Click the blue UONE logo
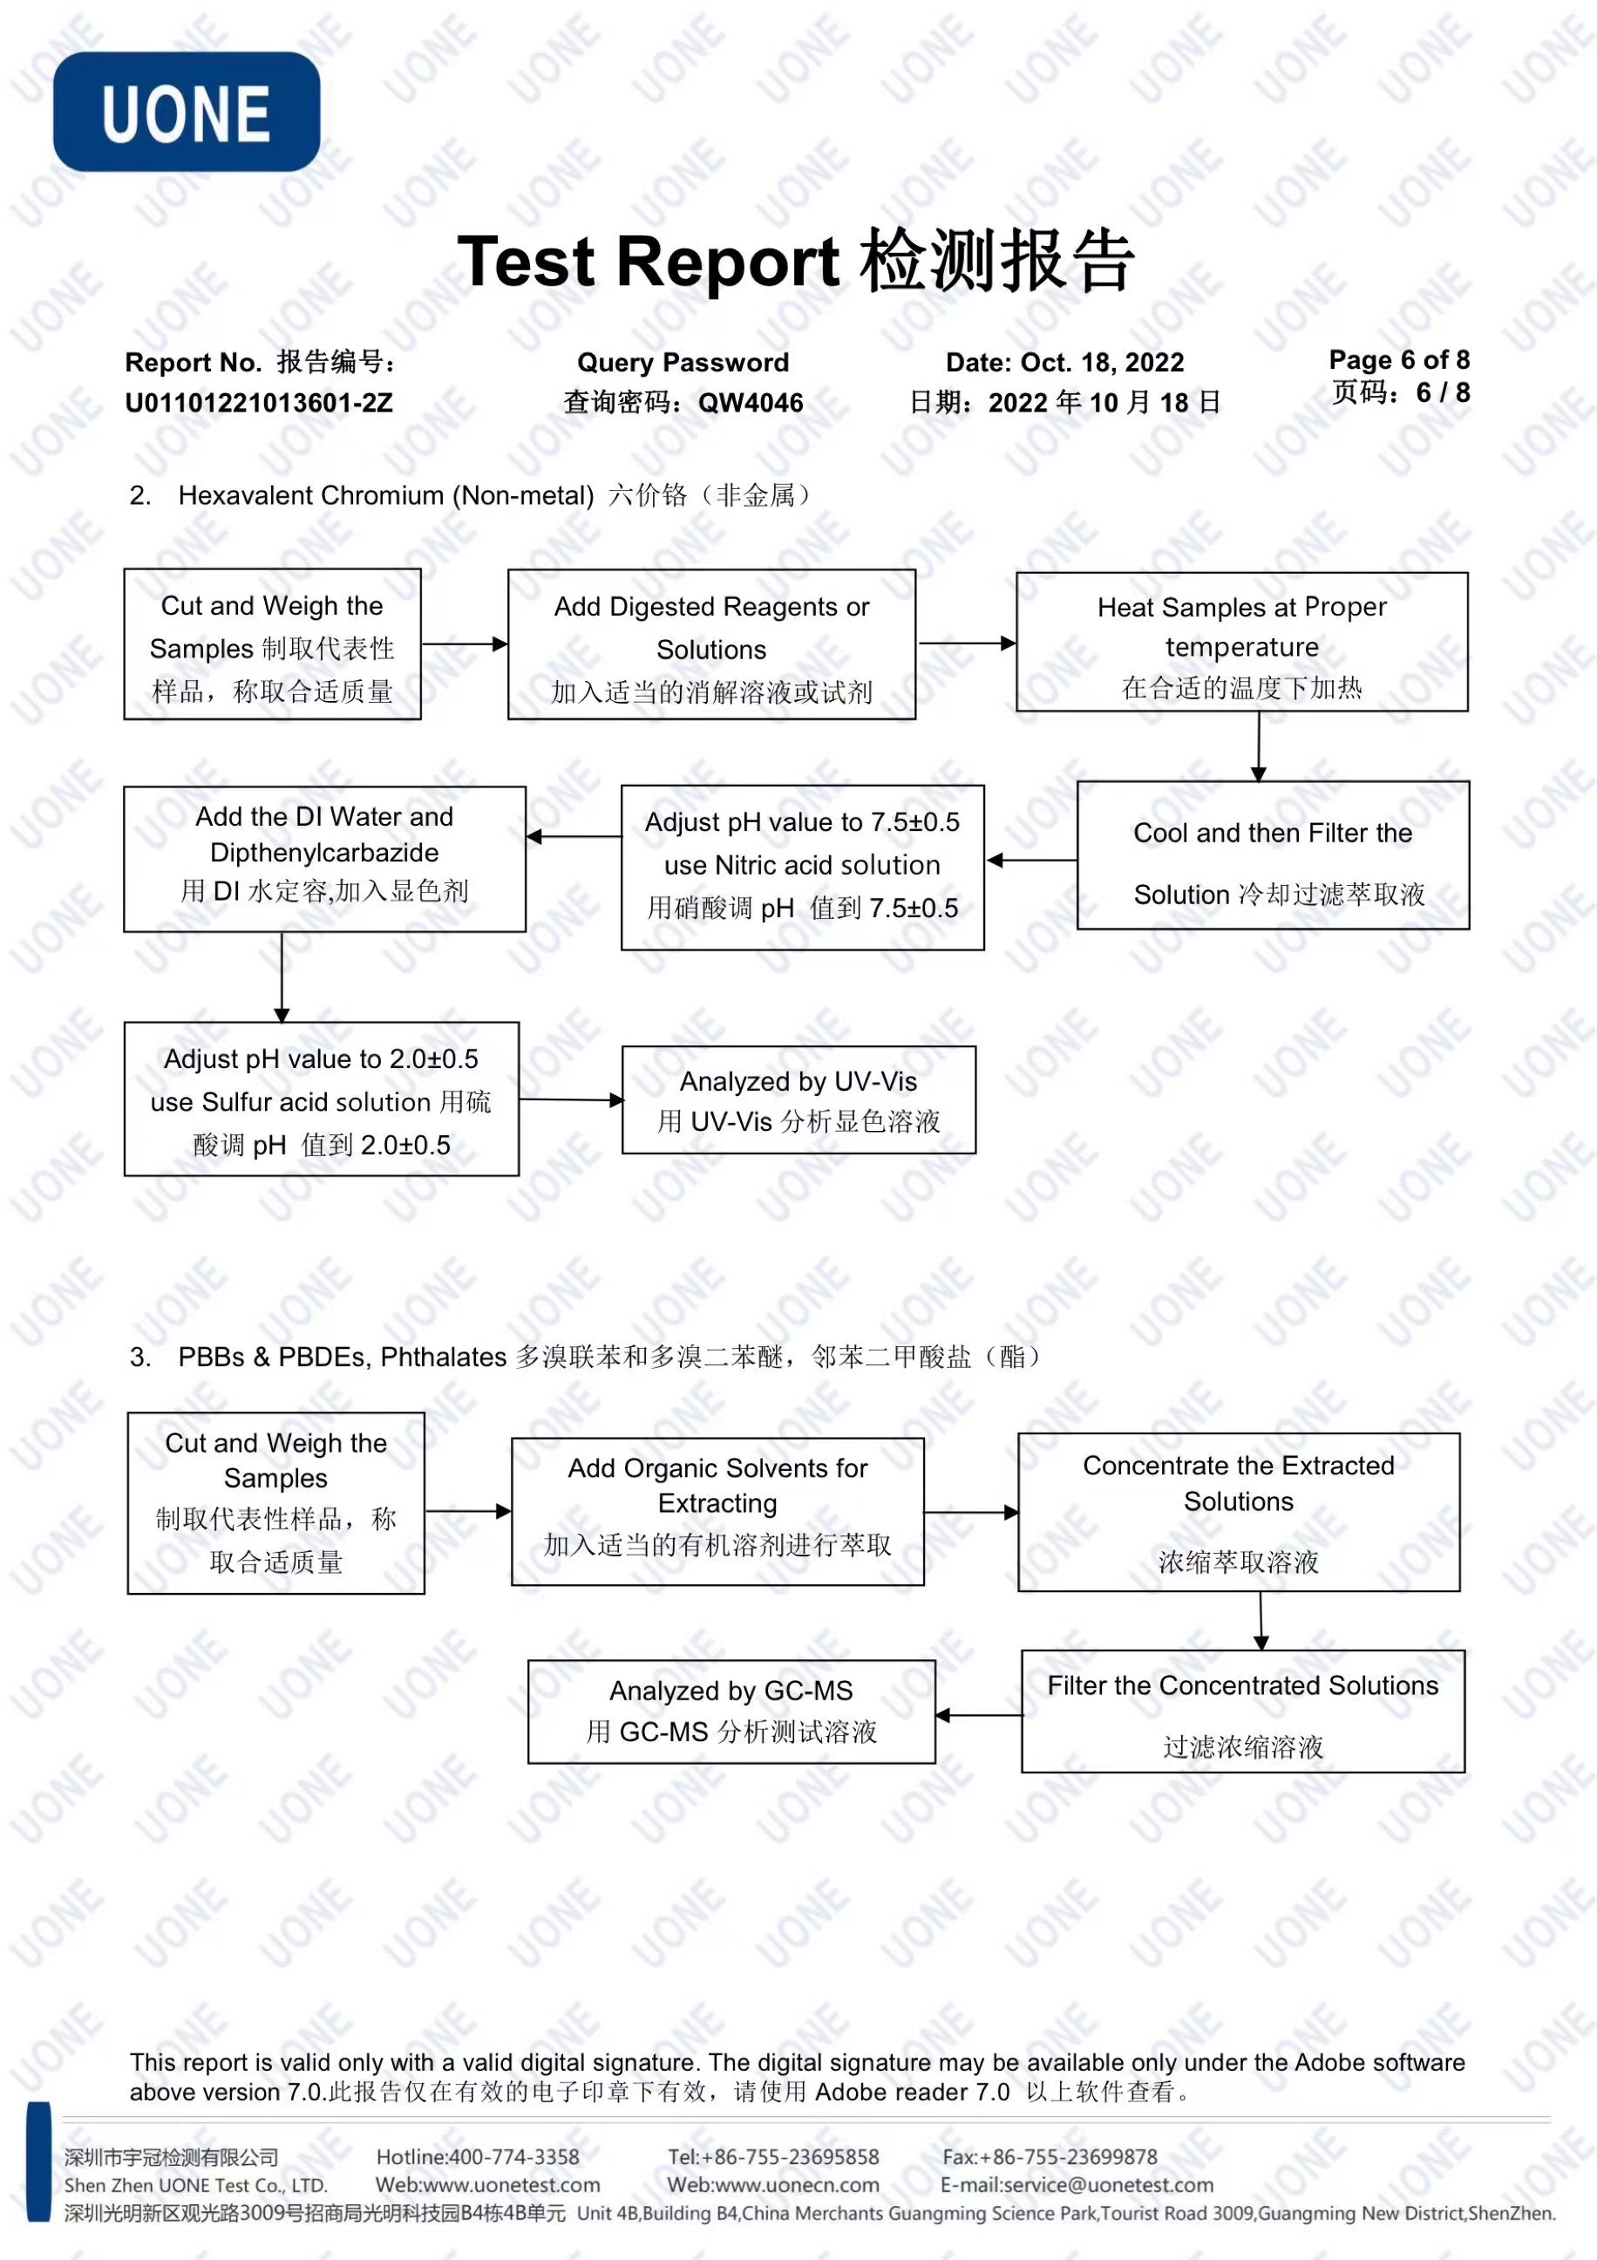click(186, 112)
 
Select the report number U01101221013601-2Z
click(259, 403)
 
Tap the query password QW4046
click(751, 403)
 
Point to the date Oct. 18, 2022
click(1102, 362)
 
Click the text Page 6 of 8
click(1399, 359)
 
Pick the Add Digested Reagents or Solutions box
click(711, 644)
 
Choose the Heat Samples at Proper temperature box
click(1242, 642)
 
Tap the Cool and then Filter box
click(1274, 855)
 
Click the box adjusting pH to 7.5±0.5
click(803, 868)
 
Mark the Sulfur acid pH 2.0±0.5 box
click(322, 1099)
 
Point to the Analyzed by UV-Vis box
click(799, 1099)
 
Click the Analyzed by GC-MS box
click(731, 1712)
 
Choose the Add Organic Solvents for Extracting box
click(717, 1511)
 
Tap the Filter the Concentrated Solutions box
click(1243, 1712)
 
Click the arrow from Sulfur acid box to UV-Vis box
click(572, 1099)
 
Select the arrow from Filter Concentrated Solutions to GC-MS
click(979, 1716)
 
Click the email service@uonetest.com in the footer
click(1077, 2185)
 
